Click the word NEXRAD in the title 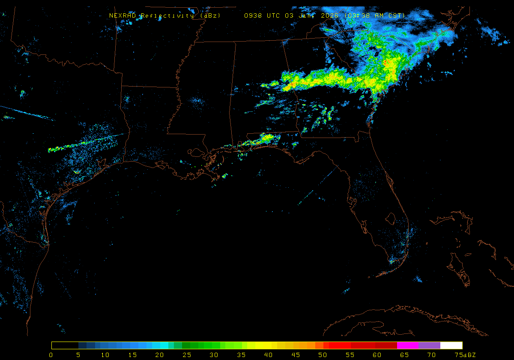tap(123, 15)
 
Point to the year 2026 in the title tap(331, 15)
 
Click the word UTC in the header tap(274, 15)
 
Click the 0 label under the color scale tap(51, 355)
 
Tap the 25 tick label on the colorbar tap(186, 355)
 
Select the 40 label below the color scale tap(268, 355)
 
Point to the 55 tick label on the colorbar tap(350, 355)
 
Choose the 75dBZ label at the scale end tap(464, 355)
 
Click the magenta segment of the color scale tap(408, 345)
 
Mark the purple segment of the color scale tap(429, 345)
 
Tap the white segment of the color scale tap(451, 345)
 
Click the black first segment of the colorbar tap(65, 345)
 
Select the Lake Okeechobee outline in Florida tap(390, 219)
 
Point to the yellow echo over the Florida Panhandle tap(266, 138)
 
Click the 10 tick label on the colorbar tap(105, 355)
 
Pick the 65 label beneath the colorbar tap(404, 355)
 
